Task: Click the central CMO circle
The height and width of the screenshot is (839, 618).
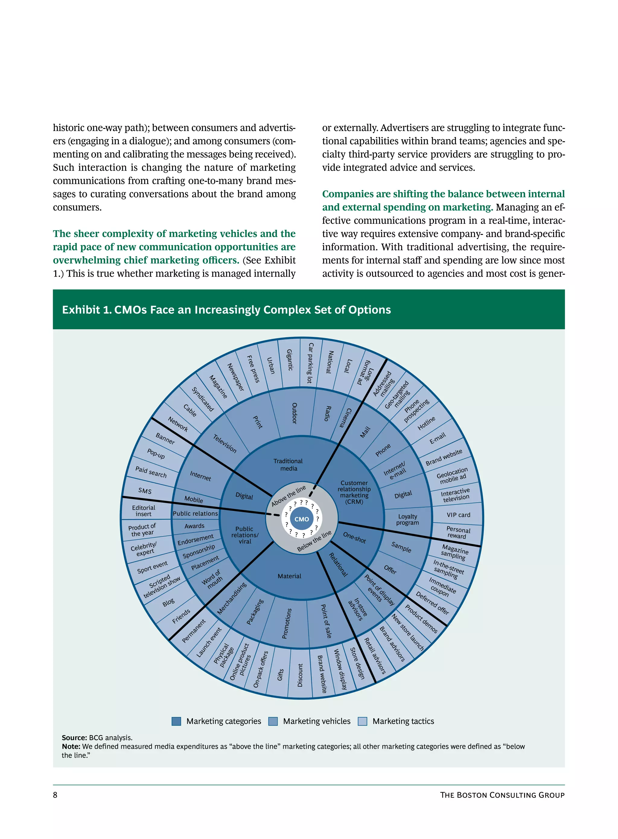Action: click(301, 519)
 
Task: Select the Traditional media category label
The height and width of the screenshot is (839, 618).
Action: click(288, 464)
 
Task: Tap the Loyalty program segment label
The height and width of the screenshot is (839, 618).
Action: click(407, 519)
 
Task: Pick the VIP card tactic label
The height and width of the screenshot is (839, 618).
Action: click(458, 515)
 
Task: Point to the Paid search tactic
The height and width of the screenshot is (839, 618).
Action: click(151, 472)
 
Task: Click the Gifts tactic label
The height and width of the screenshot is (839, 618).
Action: click(281, 674)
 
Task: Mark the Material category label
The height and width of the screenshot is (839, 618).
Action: click(289, 576)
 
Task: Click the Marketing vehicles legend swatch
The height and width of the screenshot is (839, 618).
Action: click(273, 721)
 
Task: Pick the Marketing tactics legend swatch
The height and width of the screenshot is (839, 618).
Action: click(362, 721)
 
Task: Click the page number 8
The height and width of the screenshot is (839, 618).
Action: click(55, 795)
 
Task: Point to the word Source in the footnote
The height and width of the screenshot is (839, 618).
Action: click(74, 738)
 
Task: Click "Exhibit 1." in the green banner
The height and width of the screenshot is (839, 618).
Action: click(86, 310)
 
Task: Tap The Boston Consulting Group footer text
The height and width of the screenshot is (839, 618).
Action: click(502, 795)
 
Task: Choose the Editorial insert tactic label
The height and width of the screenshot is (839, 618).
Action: click(143, 511)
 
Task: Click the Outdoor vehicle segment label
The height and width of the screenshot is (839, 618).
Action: click(295, 413)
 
